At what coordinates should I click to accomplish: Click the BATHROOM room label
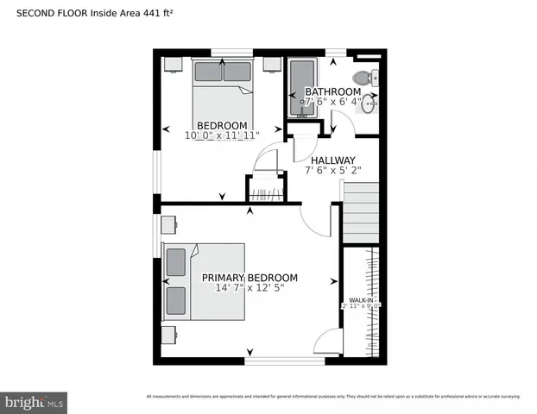point(332,91)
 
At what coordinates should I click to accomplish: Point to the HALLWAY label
point(333,160)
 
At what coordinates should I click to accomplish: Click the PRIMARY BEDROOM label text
point(250,277)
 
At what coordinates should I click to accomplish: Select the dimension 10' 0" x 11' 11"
point(222,135)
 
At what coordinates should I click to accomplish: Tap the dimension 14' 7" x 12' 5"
point(250,288)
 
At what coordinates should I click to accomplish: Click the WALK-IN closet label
point(361,300)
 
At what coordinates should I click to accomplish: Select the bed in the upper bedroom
point(223,86)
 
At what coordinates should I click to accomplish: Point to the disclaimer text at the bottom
point(333,396)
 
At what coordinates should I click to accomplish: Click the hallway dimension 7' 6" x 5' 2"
point(333,171)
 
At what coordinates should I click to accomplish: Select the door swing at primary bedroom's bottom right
point(327,342)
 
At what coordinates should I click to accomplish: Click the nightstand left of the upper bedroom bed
point(172,64)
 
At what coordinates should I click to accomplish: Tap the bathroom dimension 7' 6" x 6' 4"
point(332,102)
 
